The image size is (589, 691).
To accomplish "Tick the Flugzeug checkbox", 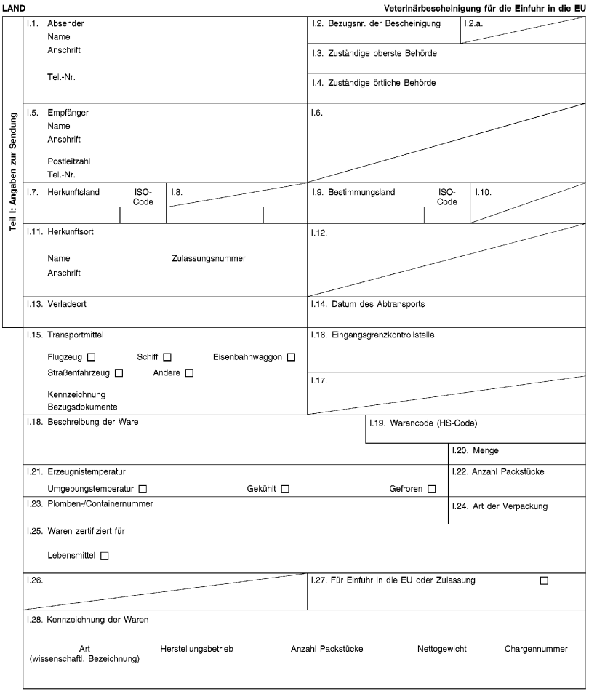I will click(92, 357).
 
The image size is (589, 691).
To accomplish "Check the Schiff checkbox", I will click(167, 357).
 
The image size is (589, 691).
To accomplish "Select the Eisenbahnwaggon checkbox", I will click(291, 357).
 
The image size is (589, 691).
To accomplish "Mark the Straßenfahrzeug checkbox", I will click(119, 374).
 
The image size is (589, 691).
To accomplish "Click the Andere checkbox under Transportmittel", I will click(189, 374).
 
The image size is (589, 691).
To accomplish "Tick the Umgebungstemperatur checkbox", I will click(143, 488).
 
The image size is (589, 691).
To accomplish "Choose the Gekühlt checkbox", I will click(285, 488).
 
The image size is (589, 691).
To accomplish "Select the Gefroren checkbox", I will click(432, 488).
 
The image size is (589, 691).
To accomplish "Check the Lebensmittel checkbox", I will click(105, 556).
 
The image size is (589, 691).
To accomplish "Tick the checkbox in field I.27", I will click(544, 580).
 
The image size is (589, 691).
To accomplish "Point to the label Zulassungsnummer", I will click(208, 259).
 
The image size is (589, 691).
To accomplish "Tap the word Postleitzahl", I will click(69, 161).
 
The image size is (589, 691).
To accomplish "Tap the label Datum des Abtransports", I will click(378, 304).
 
